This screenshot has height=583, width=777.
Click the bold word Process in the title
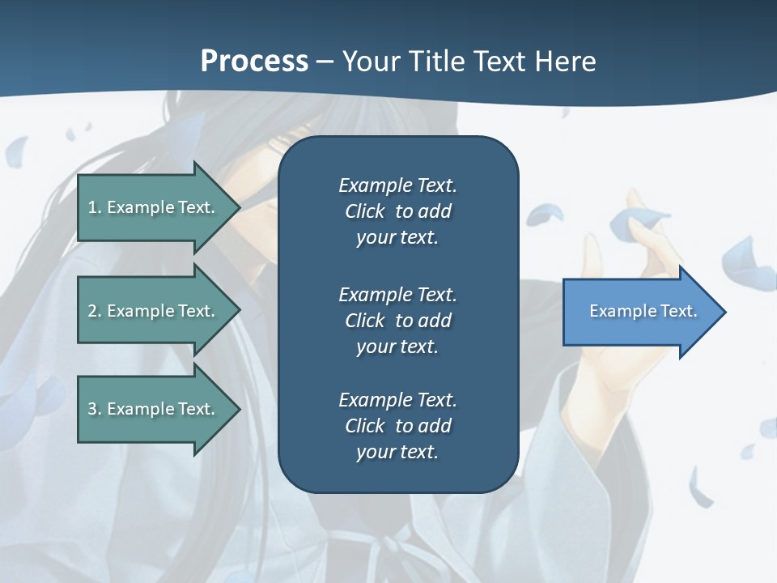(x=254, y=62)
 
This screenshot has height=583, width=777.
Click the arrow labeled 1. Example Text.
(x=151, y=207)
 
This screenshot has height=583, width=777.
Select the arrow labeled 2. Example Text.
(x=151, y=311)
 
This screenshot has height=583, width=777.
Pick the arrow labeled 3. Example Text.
(x=151, y=409)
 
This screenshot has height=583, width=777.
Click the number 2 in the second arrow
(x=92, y=311)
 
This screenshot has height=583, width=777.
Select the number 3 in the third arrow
(x=92, y=409)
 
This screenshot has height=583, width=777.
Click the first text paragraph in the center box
(x=397, y=211)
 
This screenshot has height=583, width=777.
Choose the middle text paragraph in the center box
(x=397, y=321)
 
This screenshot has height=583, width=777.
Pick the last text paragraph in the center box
(x=397, y=426)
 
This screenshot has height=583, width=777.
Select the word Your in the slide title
(x=369, y=62)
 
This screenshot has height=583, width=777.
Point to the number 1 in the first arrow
(x=92, y=207)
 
